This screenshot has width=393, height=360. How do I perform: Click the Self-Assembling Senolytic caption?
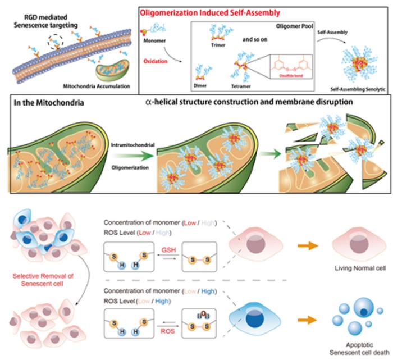[356, 89]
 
